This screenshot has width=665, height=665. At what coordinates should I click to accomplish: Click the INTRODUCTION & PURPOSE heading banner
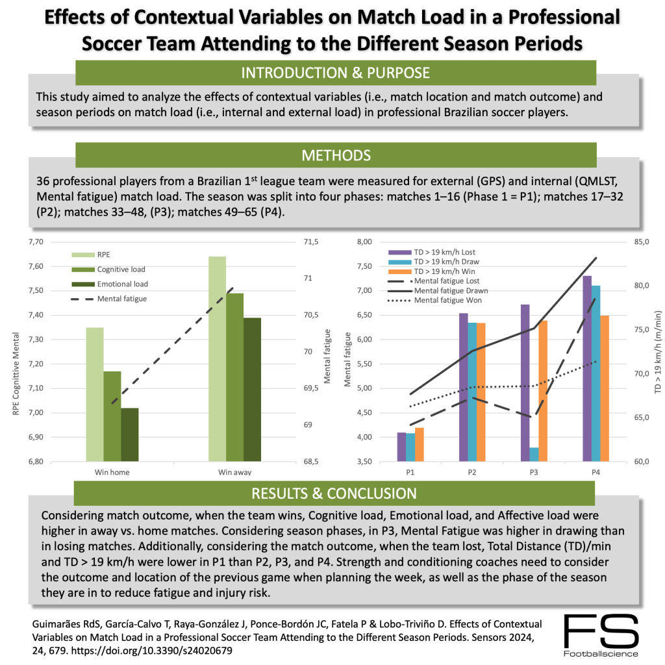(x=335, y=73)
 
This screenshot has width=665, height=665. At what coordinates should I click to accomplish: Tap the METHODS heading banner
(x=335, y=156)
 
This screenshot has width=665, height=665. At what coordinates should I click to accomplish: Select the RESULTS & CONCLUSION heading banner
(x=335, y=494)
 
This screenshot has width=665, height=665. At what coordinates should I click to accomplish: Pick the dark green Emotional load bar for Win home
(x=130, y=434)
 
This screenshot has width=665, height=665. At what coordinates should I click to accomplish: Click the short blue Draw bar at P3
(x=533, y=454)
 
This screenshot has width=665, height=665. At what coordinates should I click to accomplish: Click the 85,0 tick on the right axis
(x=636, y=242)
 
